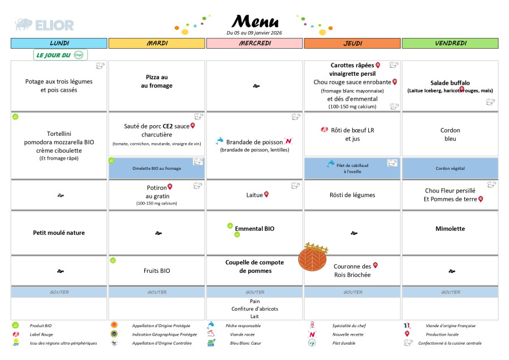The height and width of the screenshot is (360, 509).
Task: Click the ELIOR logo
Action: pos(44,25)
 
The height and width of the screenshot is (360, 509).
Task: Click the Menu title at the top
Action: pos(256,22)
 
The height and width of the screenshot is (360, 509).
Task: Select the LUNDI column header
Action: pos(59,44)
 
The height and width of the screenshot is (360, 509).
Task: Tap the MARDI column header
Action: pos(157,44)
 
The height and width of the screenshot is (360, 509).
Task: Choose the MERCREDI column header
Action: pos(255,44)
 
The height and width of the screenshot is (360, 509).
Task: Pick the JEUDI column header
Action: pos(353,44)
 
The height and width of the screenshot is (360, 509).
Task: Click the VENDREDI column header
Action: pos(450,44)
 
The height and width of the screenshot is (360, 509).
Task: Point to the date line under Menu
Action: pos(254,33)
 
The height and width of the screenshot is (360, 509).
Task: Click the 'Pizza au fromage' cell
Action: pos(157,82)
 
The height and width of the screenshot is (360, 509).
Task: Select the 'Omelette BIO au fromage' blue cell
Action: pos(157,168)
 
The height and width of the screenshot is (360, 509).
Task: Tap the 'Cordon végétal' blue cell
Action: pos(450,168)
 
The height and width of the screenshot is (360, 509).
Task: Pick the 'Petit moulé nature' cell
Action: pos(59,232)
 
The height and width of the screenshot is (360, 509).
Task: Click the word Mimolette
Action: pos(450,229)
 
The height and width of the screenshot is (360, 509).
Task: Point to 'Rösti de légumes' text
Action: pos(352,195)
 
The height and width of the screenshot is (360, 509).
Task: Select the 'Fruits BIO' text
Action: pos(157,271)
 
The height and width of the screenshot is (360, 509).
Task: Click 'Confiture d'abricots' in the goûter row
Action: pos(255,308)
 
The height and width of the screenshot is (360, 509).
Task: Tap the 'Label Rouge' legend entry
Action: pos(41,334)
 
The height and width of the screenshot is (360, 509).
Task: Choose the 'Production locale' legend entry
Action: pos(442,334)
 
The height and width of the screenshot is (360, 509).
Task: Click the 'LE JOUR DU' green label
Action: pos(54,55)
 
